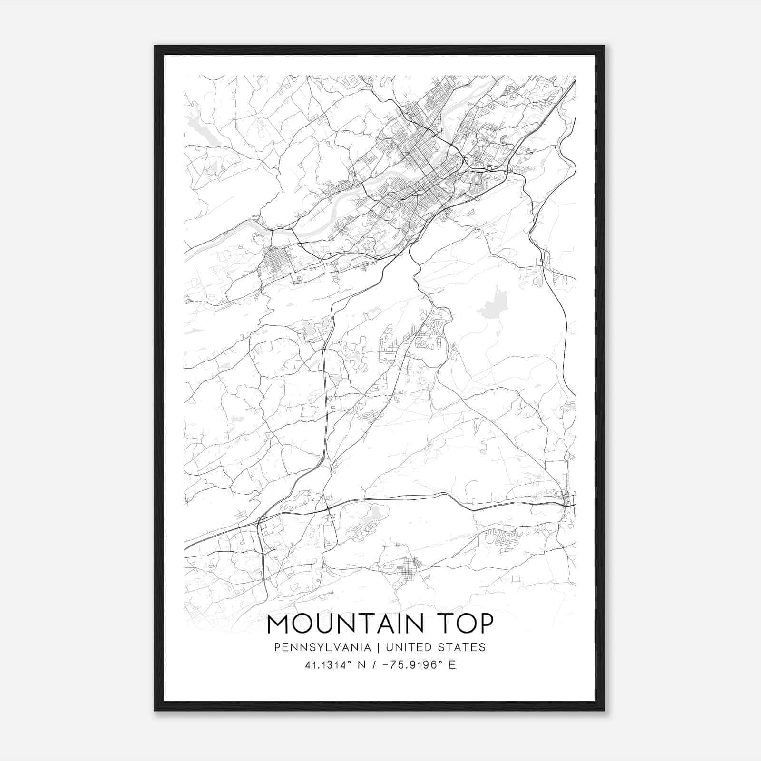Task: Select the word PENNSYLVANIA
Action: (x=322, y=647)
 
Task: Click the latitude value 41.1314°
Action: (x=328, y=665)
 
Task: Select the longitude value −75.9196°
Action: (x=412, y=665)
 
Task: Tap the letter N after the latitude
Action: (x=362, y=665)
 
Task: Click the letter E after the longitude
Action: (x=452, y=665)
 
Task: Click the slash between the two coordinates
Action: (x=376, y=665)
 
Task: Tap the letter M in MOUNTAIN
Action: (x=278, y=624)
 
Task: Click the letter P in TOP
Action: (x=485, y=624)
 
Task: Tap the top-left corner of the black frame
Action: (x=155, y=46)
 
